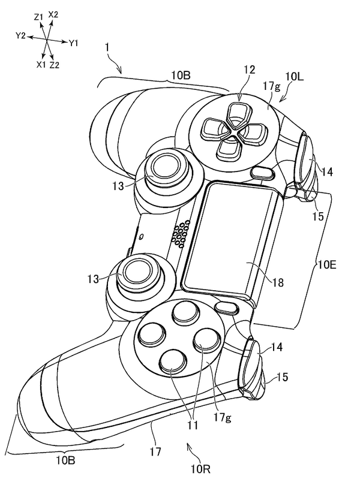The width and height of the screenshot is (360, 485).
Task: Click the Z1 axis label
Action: pos(38,18)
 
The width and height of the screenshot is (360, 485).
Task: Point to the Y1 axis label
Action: pos(74,43)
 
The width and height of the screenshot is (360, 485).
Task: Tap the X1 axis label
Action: pos(41,63)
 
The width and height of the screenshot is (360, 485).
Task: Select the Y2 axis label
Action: pos(20,36)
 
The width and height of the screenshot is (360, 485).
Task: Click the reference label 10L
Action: pos(296,77)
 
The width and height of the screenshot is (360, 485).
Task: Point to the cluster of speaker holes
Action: pos(179,234)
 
